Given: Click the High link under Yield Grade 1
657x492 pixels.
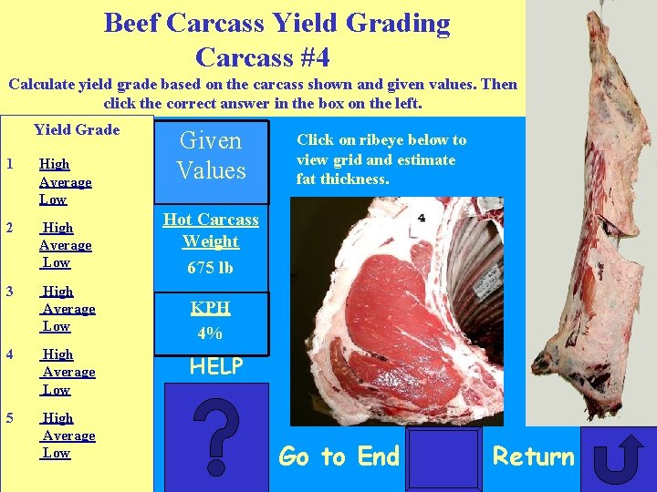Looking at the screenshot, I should click(55, 165).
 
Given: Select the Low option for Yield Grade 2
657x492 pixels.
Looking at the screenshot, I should click(57, 262).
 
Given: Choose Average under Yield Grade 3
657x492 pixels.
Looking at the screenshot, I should click(68, 309).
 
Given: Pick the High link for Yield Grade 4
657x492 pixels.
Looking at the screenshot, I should click(58, 354).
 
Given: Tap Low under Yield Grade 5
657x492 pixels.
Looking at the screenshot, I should click(57, 453).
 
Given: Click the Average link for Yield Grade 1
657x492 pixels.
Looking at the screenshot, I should click(66, 182).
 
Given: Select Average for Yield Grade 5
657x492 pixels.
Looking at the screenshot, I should click(68, 436).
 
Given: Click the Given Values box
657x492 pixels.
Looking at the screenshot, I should click(211, 156).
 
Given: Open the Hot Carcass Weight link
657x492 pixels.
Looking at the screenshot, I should click(211, 231).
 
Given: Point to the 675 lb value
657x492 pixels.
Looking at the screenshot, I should click(210, 268).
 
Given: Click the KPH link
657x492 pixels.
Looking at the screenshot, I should click(210, 308).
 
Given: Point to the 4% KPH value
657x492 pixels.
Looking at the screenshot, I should click(210, 333).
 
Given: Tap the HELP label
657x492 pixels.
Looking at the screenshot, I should click(216, 367).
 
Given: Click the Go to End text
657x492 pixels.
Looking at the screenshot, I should click(339, 456).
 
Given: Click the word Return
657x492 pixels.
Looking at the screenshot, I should click(534, 456).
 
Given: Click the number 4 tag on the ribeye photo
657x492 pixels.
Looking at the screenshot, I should click(422, 219).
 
